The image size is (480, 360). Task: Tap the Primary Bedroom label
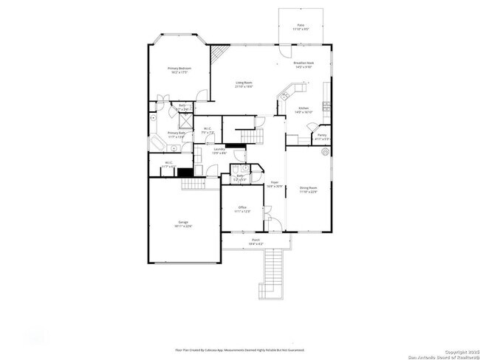pos(178,70)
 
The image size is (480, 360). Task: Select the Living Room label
pos(244,84)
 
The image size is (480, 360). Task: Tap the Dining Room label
pos(308,189)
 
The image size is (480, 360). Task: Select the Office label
pos(242,210)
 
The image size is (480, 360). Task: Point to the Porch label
pos(256,240)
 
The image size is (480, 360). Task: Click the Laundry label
pos(219,150)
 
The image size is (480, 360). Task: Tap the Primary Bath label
pos(175,134)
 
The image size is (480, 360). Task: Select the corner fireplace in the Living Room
pos(217,55)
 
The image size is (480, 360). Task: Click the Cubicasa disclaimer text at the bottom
pos(239,350)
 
